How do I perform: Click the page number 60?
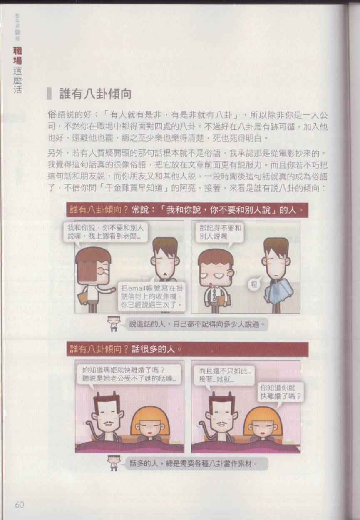click(20, 505)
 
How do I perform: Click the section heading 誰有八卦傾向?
click(95, 94)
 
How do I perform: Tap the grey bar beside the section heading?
click(49, 94)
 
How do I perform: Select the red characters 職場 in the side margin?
click(17, 55)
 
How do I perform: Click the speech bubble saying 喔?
click(254, 284)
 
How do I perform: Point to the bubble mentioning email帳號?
click(151, 296)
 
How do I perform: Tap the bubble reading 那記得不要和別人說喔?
click(220, 232)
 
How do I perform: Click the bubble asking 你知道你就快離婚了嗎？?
click(281, 392)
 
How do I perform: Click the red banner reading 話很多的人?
click(187, 349)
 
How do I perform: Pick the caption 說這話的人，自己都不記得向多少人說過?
click(196, 324)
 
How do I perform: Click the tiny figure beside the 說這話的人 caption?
click(114, 323)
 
